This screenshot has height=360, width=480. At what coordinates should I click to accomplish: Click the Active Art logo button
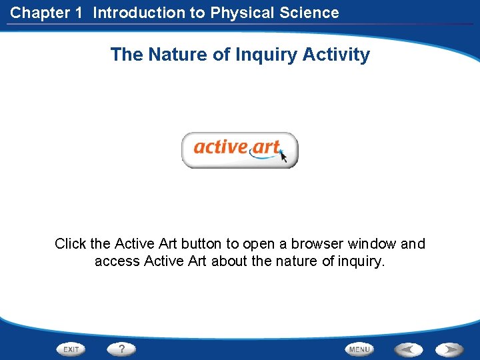pyautogui.click(x=239, y=150)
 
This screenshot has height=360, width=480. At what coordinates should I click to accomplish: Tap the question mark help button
pyautogui.click(x=121, y=349)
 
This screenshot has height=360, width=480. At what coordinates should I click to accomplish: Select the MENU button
pyautogui.click(x=359, y=349)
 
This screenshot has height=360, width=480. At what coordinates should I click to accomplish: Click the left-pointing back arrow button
pyautogui.click(x=409, y=349)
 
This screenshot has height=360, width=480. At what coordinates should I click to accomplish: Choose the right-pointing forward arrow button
pyautogui.click(x=450, y=349)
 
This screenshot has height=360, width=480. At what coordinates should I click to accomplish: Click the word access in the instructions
pyautogui.click(x=115, y=261)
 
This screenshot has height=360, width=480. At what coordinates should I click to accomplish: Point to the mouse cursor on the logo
pyautogui.click(x=283, y=157)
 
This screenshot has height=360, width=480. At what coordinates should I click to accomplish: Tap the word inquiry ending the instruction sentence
pyautogui.click(x=361, y=261)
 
